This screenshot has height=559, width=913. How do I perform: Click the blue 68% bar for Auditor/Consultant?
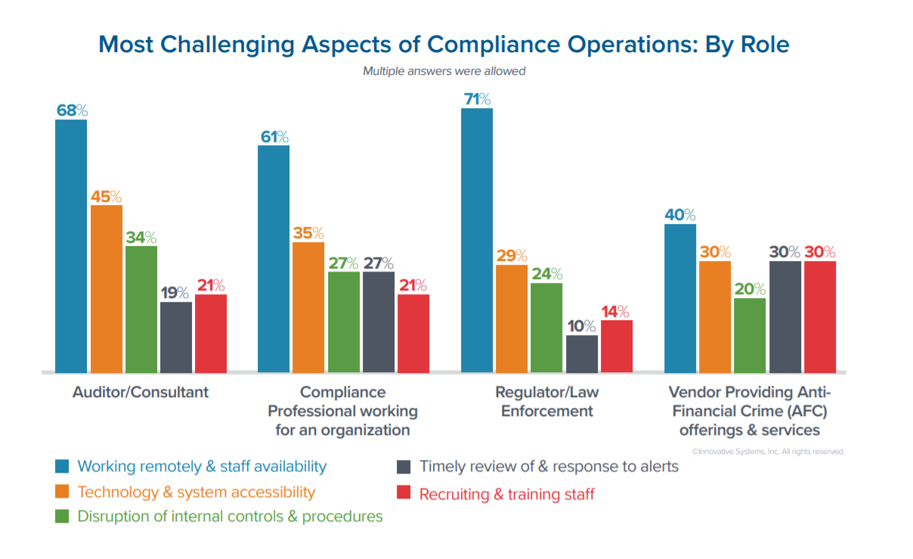point(71,246)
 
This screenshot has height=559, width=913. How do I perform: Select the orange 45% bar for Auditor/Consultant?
point(106,288)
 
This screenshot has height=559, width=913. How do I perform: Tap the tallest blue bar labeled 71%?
point(476,240)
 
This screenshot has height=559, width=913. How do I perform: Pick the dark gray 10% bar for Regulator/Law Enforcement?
point(582,353)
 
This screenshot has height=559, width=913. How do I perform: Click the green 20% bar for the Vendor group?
point(750,335)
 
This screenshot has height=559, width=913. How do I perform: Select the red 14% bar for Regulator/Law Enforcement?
point(617,346)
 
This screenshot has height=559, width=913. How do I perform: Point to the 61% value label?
point(274,137)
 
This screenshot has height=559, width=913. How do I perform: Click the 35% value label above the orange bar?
point(308,233)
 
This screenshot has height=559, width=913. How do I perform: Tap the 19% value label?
point(176,293)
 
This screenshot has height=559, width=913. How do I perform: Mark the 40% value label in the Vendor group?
point(680,215)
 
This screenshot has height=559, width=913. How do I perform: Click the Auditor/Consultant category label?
point(141,392)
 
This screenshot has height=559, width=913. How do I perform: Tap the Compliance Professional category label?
point(342,411)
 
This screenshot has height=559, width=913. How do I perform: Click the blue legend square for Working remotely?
point(63,466)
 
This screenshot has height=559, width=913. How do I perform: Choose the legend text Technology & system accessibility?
point(197,492)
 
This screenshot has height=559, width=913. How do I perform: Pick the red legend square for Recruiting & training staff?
point(404,493)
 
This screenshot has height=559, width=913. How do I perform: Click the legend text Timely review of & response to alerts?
point(549,466)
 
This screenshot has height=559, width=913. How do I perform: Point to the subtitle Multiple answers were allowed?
point(444,72)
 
